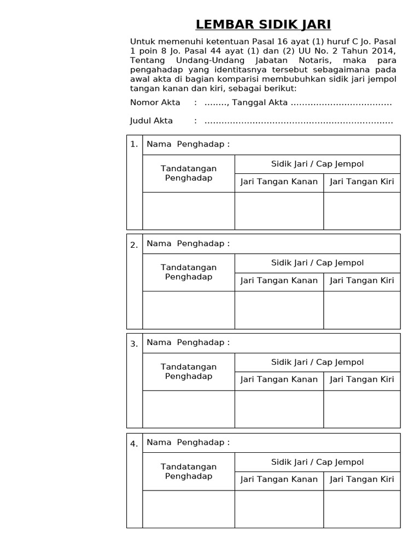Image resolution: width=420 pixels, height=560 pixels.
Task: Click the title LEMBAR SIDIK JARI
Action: (x=263, y=25)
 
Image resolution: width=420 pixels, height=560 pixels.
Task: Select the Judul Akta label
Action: (x=151, y=121)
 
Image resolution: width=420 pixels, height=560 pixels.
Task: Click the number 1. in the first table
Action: (x=134, y=145)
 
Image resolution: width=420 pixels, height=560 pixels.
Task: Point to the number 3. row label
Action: (x=134, y=344)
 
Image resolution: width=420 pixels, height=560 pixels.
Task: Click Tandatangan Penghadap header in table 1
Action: (x=189, y=173)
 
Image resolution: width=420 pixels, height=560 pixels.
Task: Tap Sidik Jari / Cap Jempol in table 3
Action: (x=317, y=362)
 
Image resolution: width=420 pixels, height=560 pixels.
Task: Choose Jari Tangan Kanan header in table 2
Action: (x=279, y=281)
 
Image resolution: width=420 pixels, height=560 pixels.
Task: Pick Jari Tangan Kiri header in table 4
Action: (x=361, y=480)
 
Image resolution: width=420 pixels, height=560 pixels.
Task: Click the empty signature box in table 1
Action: (x=189, y=211)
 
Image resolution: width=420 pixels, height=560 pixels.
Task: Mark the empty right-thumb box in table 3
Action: (x=279, y=409)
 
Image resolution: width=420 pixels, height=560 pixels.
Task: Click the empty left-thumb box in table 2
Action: (x=361, y=310)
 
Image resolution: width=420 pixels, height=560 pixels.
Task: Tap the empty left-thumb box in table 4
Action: (x=361, y=509)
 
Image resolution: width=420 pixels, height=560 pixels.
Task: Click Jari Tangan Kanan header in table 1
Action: (x=279, y=182)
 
